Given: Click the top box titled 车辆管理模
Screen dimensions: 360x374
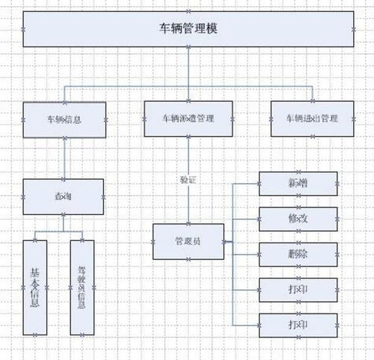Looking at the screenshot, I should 187,29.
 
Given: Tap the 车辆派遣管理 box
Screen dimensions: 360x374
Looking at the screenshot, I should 188,119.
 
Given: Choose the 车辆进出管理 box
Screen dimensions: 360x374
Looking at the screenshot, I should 311,119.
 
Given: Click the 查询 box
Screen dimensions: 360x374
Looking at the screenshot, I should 63,195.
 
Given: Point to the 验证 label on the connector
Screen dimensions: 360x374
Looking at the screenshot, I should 188,180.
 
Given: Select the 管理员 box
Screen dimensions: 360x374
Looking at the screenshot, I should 188,241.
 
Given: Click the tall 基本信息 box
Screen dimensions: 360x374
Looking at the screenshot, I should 35,287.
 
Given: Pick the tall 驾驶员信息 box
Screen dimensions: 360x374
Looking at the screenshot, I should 82,287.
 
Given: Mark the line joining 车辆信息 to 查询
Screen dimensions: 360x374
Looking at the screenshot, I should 64,158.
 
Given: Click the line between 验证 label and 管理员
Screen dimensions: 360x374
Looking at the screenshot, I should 188,206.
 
